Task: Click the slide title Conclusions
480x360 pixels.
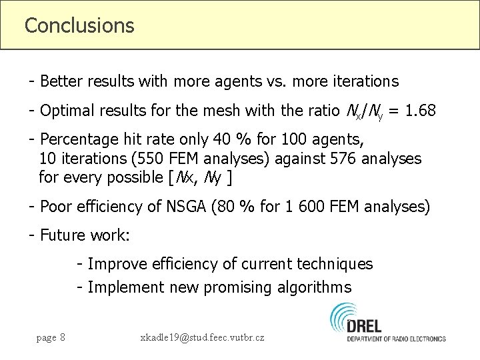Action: (79, 25)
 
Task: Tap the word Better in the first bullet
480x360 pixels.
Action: (61, 82)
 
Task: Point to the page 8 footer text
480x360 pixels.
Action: (51, 337)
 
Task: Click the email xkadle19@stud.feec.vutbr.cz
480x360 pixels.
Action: (202, 337)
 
